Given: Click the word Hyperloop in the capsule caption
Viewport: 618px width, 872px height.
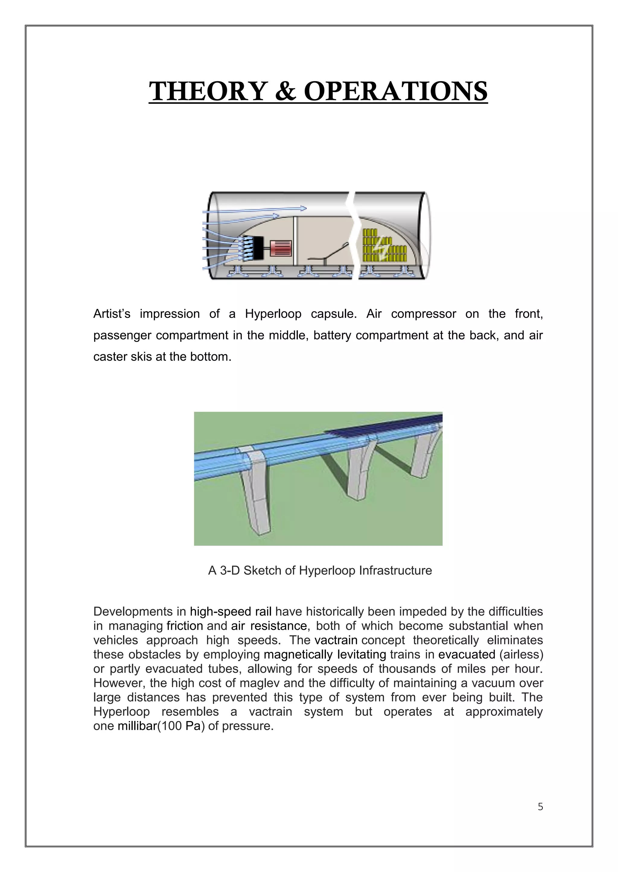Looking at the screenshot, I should pyautogui.click(x=273, y=314).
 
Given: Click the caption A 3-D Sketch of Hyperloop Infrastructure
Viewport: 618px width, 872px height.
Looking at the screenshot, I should pyautogui.click(x=320, y=571).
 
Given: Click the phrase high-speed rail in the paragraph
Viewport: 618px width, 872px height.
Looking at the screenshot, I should pyautogui.click(x=231, y=612).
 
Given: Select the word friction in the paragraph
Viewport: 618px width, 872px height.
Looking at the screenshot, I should pyautogui.click(x=185, y=626).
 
